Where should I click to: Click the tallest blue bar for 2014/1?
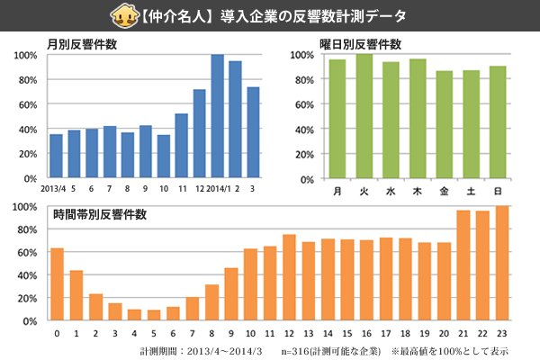tap(217, 117)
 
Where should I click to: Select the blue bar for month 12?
tap(199, 135)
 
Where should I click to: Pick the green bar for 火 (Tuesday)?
tap(364, 117)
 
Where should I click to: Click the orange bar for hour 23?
tap(502, 264)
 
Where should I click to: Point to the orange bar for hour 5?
tap(154, 315)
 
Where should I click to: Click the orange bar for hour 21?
tap(463, 265)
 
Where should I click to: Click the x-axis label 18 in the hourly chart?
tap(405, 333)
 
